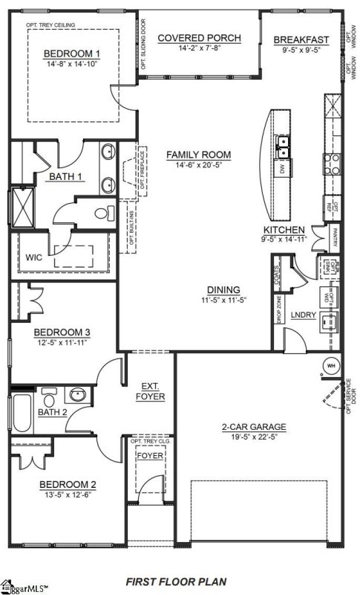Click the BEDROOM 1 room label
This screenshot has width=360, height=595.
point(72,53)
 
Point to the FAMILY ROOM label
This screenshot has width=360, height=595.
point(198,155)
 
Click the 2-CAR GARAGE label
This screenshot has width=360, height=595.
point(254,427)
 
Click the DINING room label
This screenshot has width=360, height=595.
point(223,290)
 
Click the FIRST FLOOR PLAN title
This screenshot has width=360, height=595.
point(176,581)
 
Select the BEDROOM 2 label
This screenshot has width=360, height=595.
point(68,485)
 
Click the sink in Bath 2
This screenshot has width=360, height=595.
point(76,394)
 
